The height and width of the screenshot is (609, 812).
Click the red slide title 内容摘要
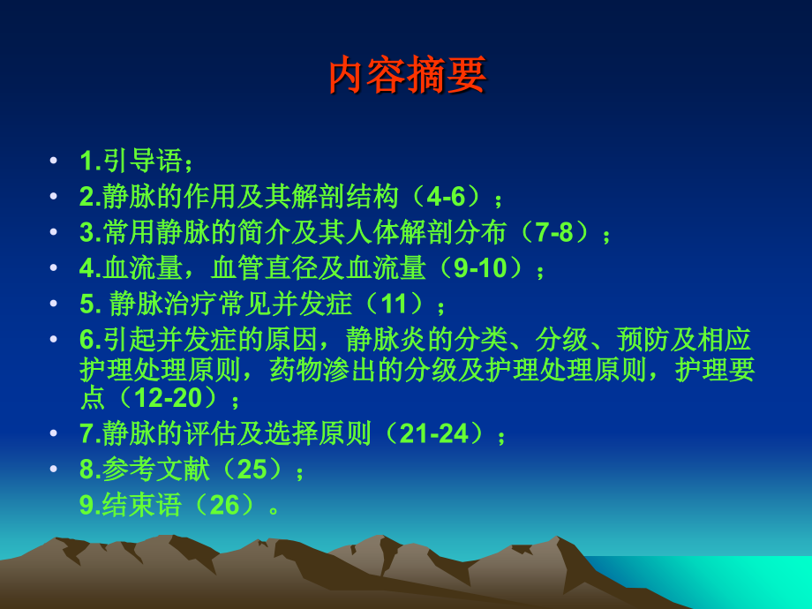pyautogui.click(x=407, y=76)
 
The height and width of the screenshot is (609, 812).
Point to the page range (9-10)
pyautogui.click(x=477, y=267)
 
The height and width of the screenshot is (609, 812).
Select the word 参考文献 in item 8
pyautogui.click(x=156, y=470)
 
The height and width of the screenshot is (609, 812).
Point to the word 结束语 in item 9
pyautogui.click(x=142, y=505)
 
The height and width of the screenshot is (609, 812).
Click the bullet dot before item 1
pyautogui.click(x=55, y=162)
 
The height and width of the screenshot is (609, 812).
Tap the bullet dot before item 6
pyautogui.click(x=55, y=340)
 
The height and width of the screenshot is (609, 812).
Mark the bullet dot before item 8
pyautogui.click(x=55, y=470)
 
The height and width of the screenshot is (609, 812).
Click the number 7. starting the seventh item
pyautogui.click(x=90, y=434)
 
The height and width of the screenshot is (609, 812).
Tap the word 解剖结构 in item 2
pyautogui.click(x=345, y=196)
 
